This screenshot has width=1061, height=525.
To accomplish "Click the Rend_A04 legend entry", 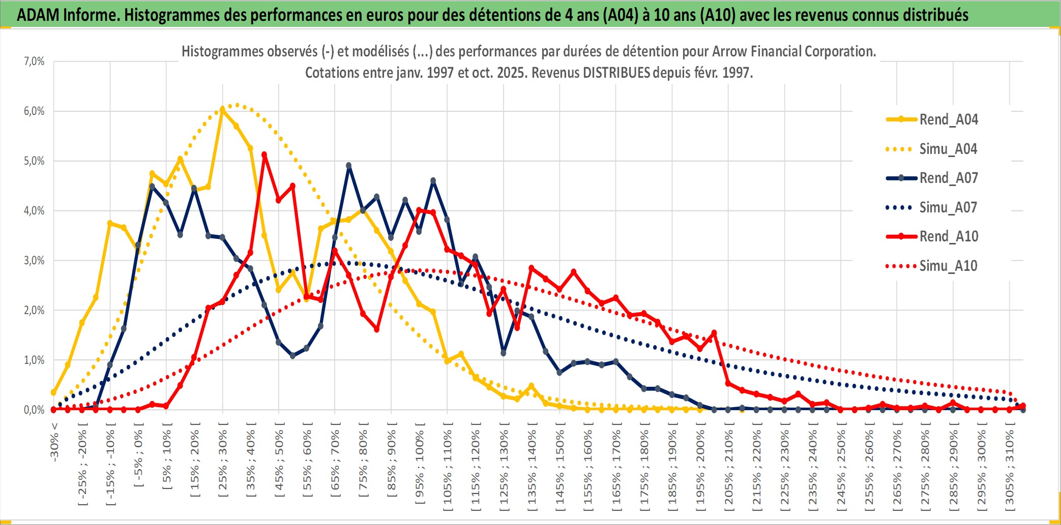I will tap(948, 119).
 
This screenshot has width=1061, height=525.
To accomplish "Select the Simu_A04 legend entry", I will tap(948, 149).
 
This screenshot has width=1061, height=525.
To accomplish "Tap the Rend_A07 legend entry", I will tap(948, 178).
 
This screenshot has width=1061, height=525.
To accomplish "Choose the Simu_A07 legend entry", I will tap(948, 207).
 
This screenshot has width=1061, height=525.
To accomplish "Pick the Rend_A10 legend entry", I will tap(948, 236).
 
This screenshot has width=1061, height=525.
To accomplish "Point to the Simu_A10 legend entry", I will tap(948, 266).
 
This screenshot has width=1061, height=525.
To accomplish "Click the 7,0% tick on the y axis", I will tap(34, 61).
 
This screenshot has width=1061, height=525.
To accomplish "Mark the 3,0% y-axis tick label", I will tap(34, 261).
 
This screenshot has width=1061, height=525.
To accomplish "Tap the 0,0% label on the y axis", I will tap(34, 410).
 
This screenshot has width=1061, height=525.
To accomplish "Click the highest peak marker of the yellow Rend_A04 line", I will tap(222, 109).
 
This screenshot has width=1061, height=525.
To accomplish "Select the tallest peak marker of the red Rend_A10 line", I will tap(264, 155).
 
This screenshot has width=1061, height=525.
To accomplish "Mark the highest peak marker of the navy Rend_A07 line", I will tap(349, 166).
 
